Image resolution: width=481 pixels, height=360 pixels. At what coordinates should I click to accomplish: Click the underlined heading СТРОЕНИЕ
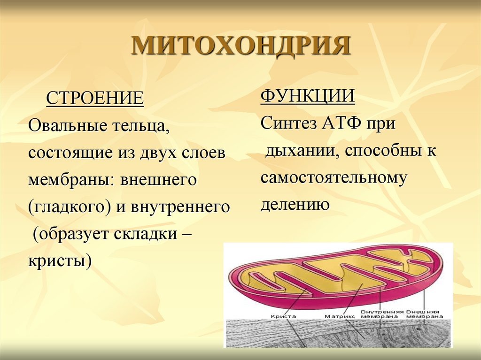tap(94, 99)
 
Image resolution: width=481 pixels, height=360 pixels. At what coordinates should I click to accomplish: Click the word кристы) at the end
tap(60, 260)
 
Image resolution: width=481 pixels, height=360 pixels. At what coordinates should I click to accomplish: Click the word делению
tap(295, 205)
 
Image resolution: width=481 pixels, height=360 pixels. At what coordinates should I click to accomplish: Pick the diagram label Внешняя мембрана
tap(422, 314)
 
